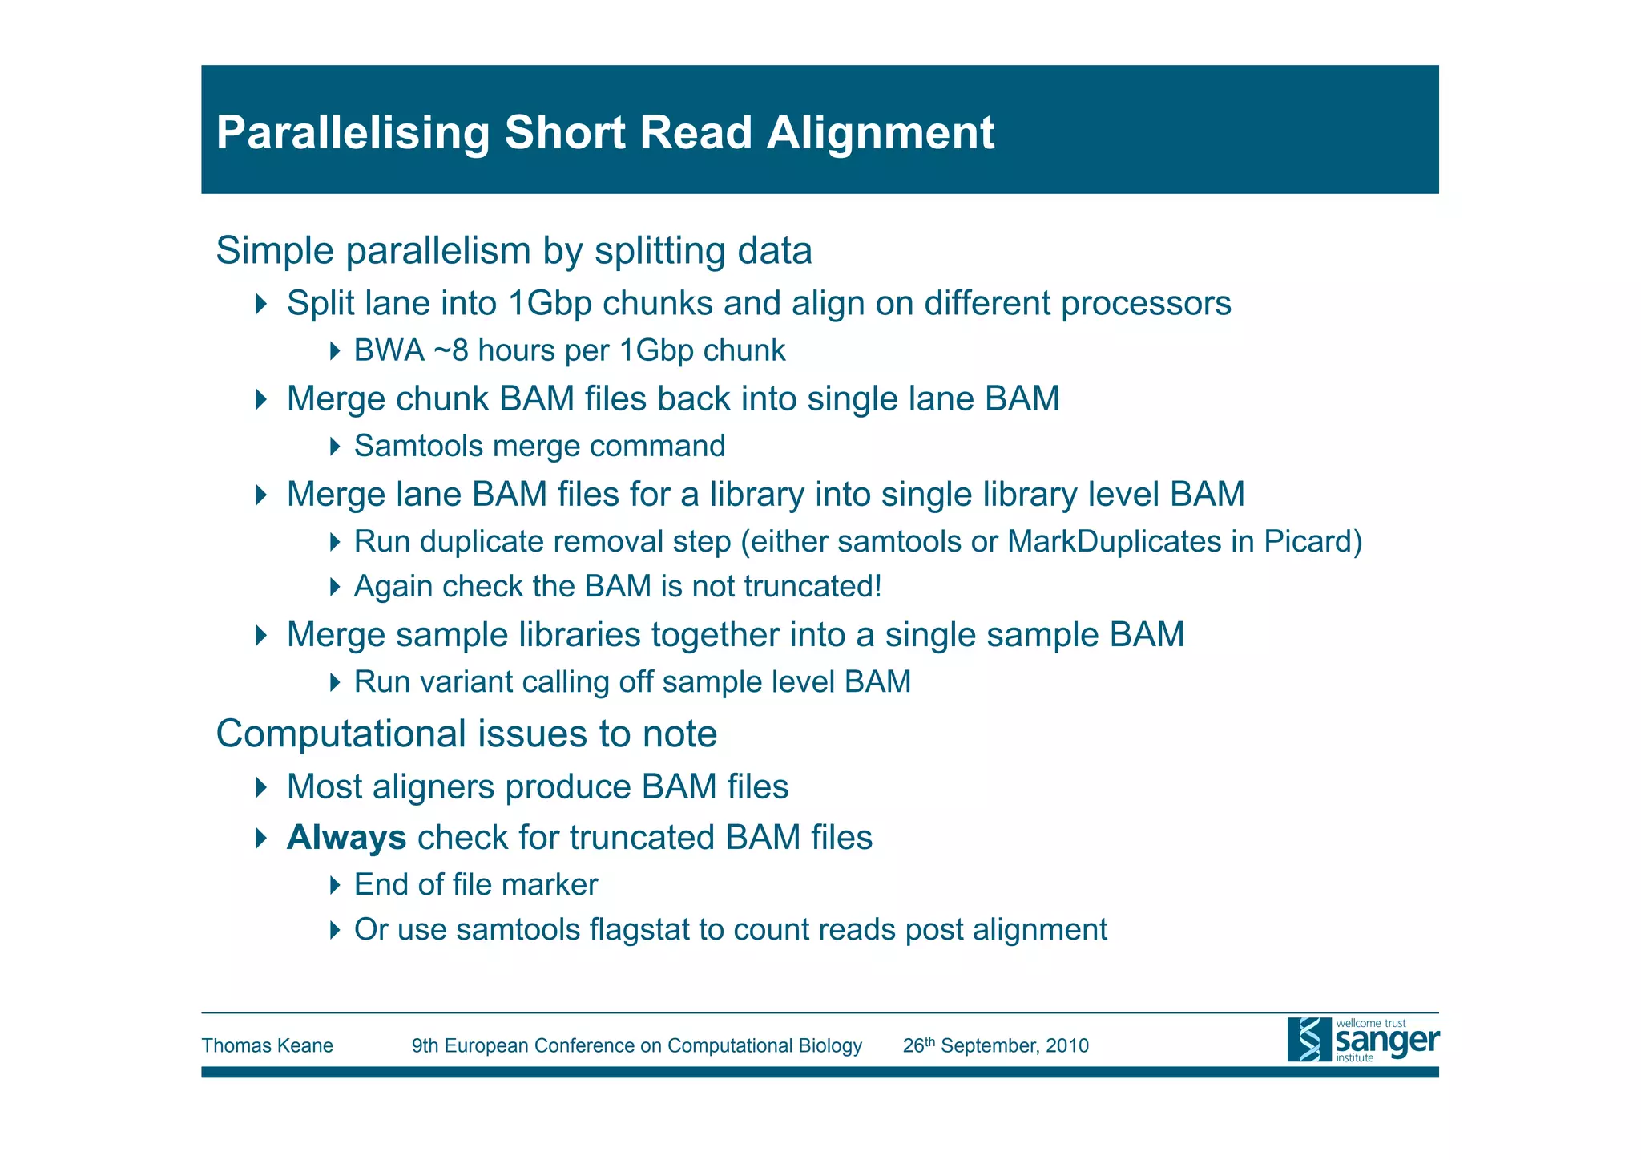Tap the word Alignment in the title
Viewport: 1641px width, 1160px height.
pyautogui.click(x=881, y=132)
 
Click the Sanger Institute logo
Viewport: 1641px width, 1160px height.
pyautogui.click(x=1362, y=1040)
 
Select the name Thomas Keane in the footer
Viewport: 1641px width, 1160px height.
pyautogui.click(x=267, y=1045)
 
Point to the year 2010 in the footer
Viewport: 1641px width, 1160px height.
pyautogui.click(x=1068, y=1045)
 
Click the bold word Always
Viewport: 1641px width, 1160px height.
pyautogui.click(x=346, y=838)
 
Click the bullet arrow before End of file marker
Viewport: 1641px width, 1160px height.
pyautogui.click(x=335, y=885)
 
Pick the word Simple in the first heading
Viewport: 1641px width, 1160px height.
pyautogui.click(x=275, y=251)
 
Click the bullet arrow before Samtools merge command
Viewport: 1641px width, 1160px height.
pyautogui.click(x=335, y=447)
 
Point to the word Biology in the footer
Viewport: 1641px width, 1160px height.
pyautogui.click(x=830, y=1045)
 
